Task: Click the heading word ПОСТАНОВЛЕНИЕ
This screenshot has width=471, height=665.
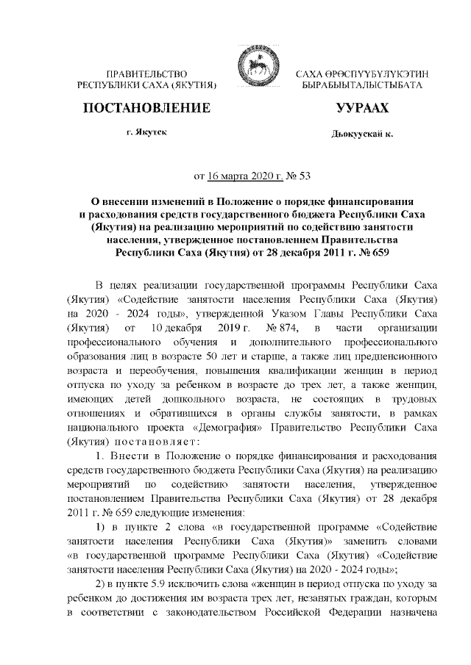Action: pyautogui.click(x=148, y=109)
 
